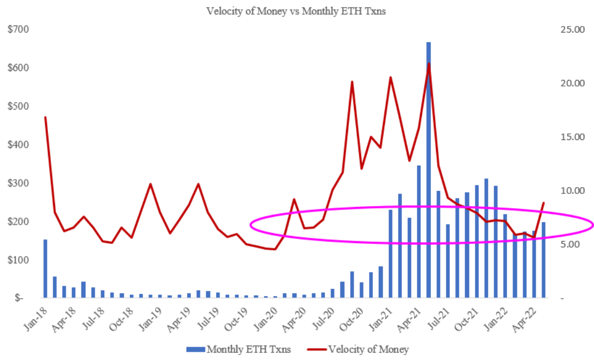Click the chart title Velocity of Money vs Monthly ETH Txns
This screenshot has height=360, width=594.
coord(297,11)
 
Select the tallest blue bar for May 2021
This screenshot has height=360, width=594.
coord(428,170)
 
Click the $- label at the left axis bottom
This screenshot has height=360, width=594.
coord(20,298)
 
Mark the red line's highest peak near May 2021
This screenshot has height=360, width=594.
coord(429,63)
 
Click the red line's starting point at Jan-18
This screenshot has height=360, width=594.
coord(45,117)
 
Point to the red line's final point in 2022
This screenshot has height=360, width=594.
coord(543,202)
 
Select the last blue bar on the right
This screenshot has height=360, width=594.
coord(543,260)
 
